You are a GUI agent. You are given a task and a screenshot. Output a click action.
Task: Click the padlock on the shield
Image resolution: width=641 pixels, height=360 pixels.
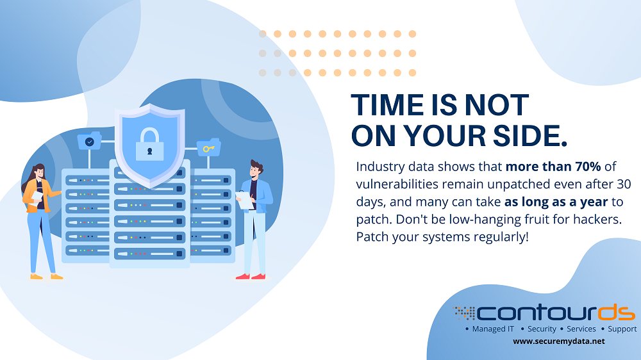[149, 145]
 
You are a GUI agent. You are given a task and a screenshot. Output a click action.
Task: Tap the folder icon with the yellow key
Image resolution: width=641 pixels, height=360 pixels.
[208, 149]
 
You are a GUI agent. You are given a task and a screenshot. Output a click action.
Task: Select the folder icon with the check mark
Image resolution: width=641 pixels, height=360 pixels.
[89, 141]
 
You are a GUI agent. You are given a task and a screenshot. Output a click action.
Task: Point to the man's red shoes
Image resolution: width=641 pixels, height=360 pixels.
[251, 276]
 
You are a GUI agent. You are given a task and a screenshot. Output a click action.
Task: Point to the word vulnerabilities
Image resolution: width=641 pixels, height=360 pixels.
[397, 184]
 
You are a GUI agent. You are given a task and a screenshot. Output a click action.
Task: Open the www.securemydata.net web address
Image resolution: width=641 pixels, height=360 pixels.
[559, 341]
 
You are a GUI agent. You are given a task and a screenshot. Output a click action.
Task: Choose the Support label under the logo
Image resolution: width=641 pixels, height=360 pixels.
[622, 329]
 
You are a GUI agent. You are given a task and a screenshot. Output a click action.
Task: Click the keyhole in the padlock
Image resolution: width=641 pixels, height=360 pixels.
[149, 151]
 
